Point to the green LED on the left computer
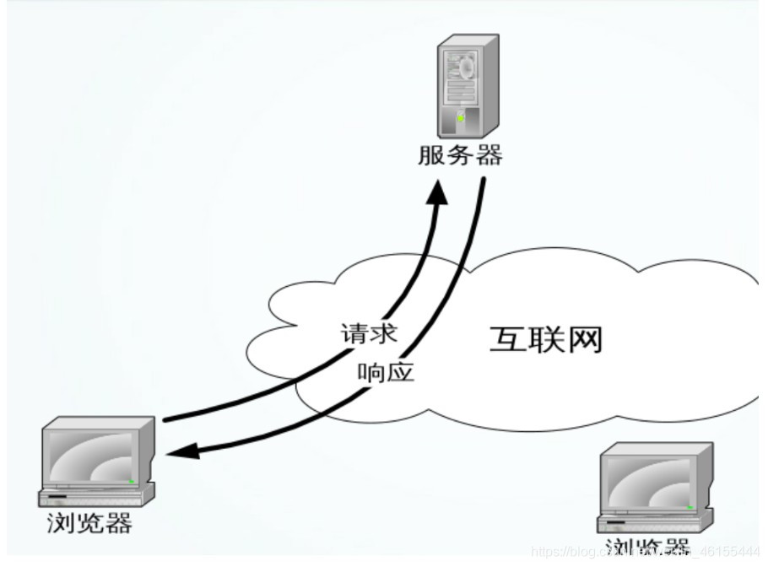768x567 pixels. pos(132,481)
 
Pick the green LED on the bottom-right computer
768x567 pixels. pos(690,507)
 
